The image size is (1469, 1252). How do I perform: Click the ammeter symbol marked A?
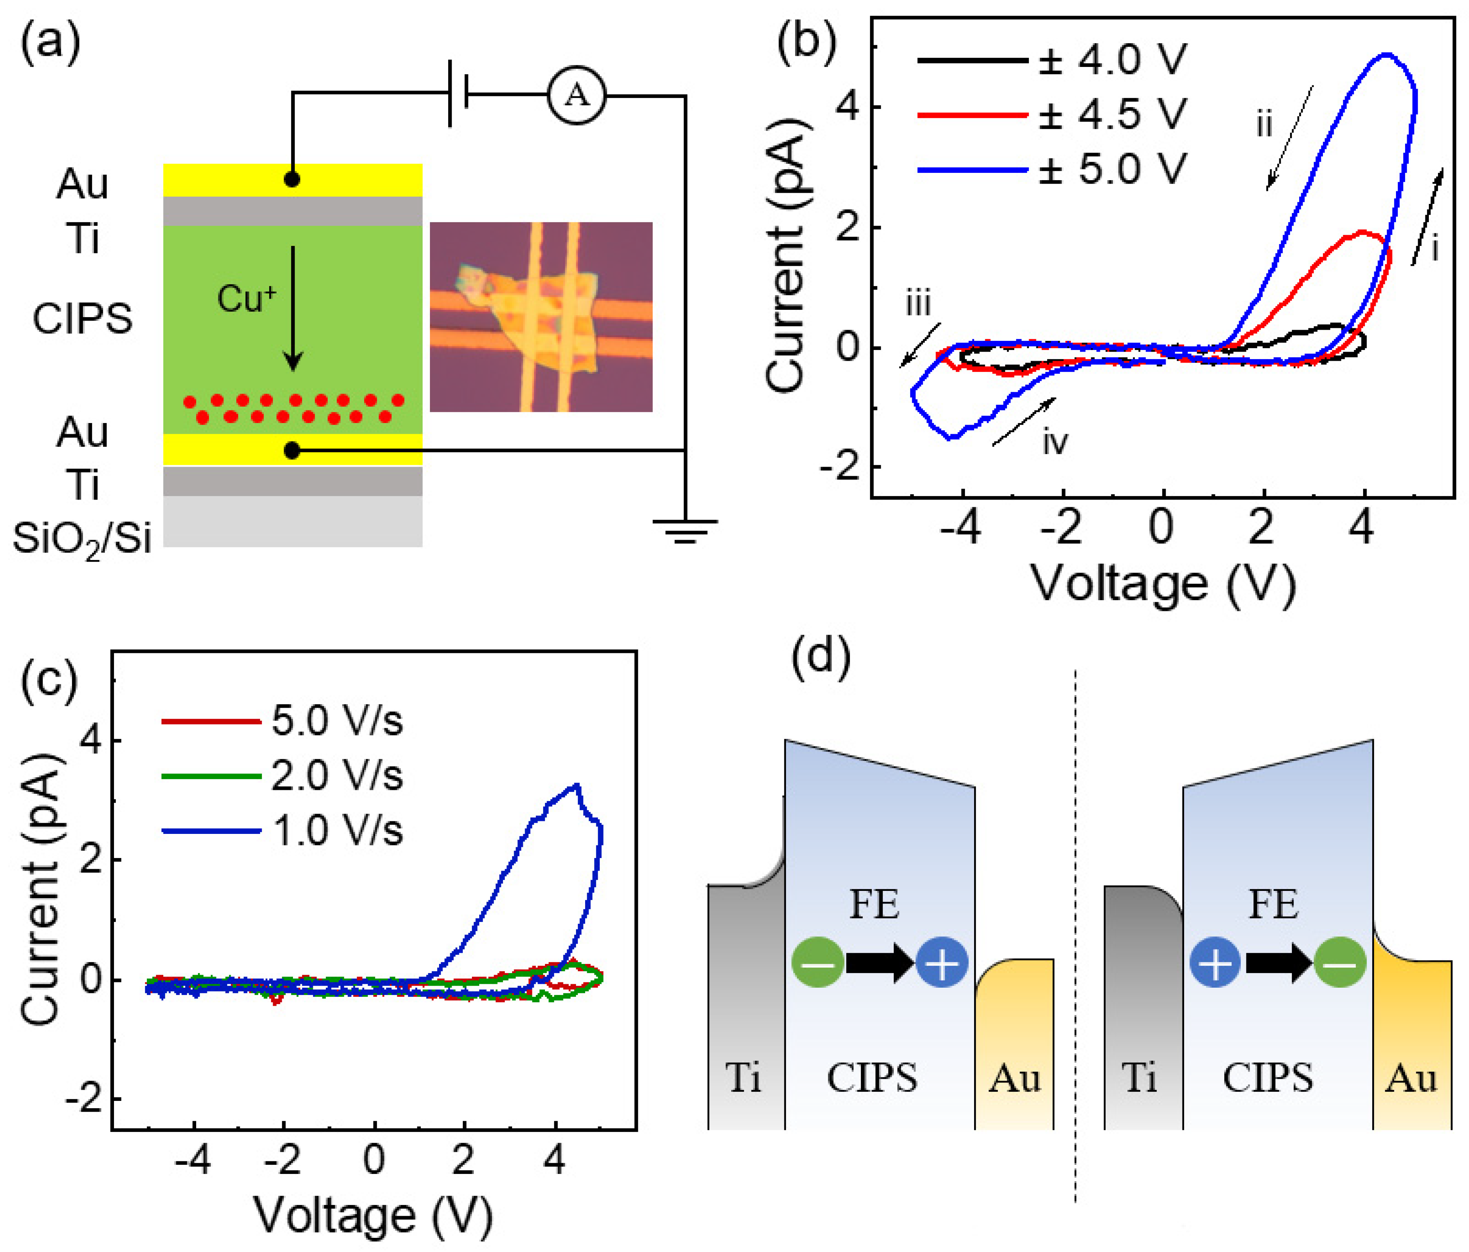pos(576,95)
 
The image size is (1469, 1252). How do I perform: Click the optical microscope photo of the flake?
pos(541,317)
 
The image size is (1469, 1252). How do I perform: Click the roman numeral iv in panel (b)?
pos(1055,442)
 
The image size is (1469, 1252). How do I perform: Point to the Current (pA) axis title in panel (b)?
pos(786,255)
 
